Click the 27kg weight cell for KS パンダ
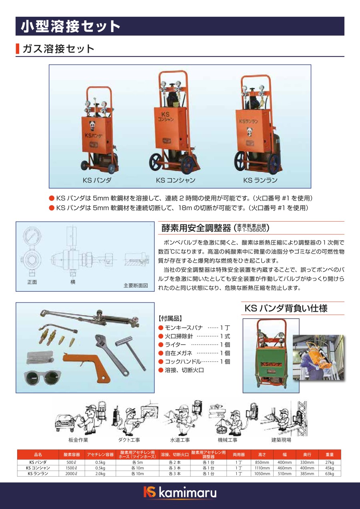330,462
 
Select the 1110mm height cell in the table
262,468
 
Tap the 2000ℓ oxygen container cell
71,473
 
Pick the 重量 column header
330,455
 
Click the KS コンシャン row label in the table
38,468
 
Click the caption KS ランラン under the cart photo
260,180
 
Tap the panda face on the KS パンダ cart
92,125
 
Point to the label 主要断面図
136,285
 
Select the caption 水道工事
180,440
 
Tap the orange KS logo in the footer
150,492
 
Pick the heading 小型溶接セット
70,26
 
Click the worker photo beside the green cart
318,357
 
